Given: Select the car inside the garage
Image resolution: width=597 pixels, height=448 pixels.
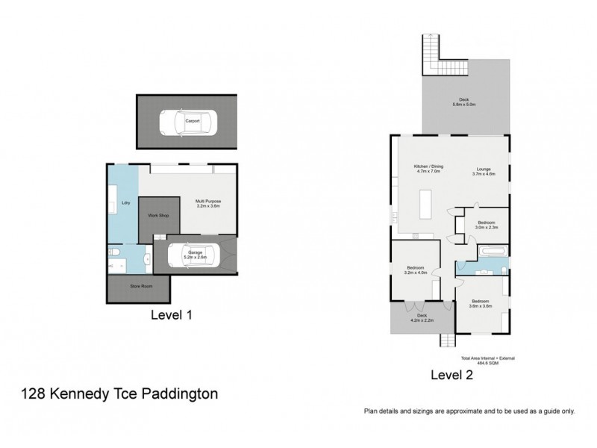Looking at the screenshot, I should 196,256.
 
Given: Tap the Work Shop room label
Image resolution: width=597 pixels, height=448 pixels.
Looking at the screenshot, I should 157,215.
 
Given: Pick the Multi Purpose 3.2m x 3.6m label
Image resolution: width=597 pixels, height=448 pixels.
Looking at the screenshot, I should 208,203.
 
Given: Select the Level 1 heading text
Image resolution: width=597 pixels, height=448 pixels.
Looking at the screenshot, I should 172,316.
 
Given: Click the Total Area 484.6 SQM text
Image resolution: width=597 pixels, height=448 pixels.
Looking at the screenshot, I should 488,361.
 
